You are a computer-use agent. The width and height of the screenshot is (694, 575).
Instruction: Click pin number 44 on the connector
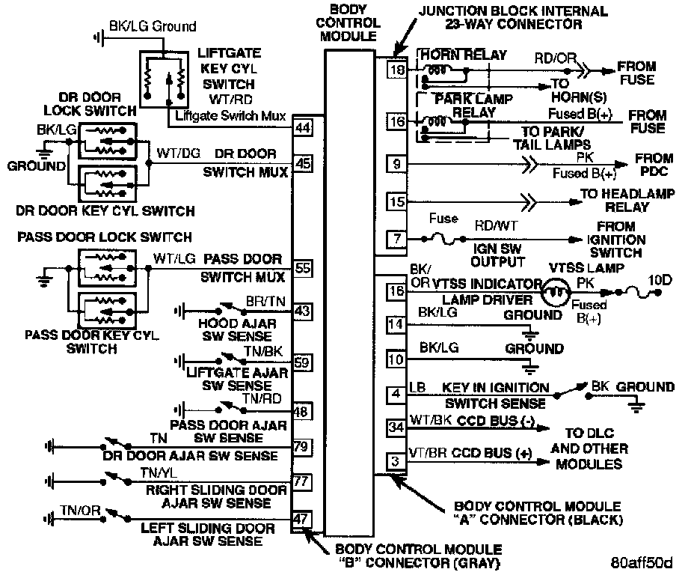click(303, 127)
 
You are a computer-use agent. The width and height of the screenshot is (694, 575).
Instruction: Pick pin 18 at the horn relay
click(396, 70)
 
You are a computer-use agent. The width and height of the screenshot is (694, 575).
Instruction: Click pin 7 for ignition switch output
click(396, 240)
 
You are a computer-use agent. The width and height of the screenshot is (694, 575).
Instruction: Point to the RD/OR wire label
click(554, 58)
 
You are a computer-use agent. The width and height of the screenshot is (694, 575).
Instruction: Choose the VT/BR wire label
click(429, 454)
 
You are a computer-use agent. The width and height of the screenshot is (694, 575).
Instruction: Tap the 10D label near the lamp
click(661, 281)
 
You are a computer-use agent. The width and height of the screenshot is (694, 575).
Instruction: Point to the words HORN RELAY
click(463, 55)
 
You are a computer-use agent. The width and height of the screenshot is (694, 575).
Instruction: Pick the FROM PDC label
click(653, 166)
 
